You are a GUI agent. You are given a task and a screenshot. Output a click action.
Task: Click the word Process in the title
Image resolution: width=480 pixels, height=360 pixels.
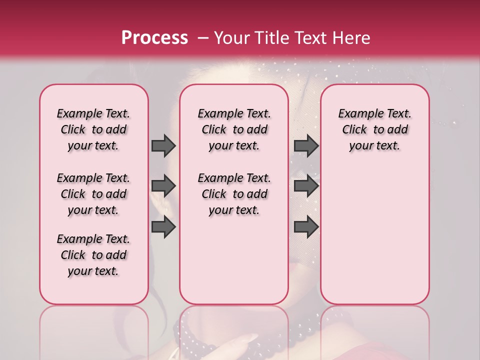tap(154, 38)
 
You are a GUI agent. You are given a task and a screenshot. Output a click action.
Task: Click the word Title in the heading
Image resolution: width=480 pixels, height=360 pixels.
tap(268, 38)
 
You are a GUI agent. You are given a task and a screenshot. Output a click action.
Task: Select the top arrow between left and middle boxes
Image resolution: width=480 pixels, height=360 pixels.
tap(163, 145)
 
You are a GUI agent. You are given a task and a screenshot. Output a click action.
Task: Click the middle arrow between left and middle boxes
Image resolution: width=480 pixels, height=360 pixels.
tap(163, 186)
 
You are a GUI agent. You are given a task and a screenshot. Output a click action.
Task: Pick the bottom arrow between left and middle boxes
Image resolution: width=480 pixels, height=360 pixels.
tap(163, 226)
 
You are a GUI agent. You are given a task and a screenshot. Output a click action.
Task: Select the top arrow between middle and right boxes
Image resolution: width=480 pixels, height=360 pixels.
tap(306, 145)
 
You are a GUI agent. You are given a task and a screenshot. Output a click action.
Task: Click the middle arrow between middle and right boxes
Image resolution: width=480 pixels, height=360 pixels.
tap(306, 186)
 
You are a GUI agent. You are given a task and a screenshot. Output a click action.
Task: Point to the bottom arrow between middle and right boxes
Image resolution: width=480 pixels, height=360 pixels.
tap(306, 226)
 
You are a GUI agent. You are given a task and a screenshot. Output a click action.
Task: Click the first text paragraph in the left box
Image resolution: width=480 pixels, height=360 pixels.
tap(93, 129)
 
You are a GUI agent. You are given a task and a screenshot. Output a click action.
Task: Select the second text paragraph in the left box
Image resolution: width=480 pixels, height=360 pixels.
tap(93, 194)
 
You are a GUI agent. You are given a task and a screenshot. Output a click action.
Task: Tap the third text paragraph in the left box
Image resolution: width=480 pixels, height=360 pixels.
tap(93, 255)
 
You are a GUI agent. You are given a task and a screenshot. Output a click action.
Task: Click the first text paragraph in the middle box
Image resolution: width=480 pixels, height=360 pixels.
tap(234, 129)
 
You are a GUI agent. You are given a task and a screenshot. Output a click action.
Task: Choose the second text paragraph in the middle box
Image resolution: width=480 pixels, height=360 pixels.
tap(234, 194)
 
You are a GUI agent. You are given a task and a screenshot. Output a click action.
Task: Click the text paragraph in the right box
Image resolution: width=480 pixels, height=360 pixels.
tap(374, 129)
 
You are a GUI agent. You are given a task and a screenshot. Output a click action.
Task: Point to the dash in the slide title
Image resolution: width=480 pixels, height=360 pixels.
tap(203, 38)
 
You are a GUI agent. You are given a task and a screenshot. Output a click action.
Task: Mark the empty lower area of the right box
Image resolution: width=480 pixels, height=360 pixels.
tap(374, 235)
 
